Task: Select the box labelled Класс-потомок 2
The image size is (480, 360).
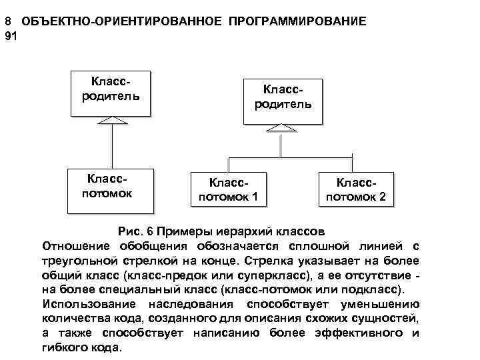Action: pyautogui.click(x=355, y=189)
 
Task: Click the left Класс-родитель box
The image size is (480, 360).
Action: pyautogui.click(x=109, y=91)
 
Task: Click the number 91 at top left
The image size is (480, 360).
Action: pyautogui.click(x=10, y=35)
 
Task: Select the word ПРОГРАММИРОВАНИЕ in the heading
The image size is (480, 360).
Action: pyautogui.click(x=297, y=21)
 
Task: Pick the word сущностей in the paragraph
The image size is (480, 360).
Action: pyautogui.click(x=380, y=319)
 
